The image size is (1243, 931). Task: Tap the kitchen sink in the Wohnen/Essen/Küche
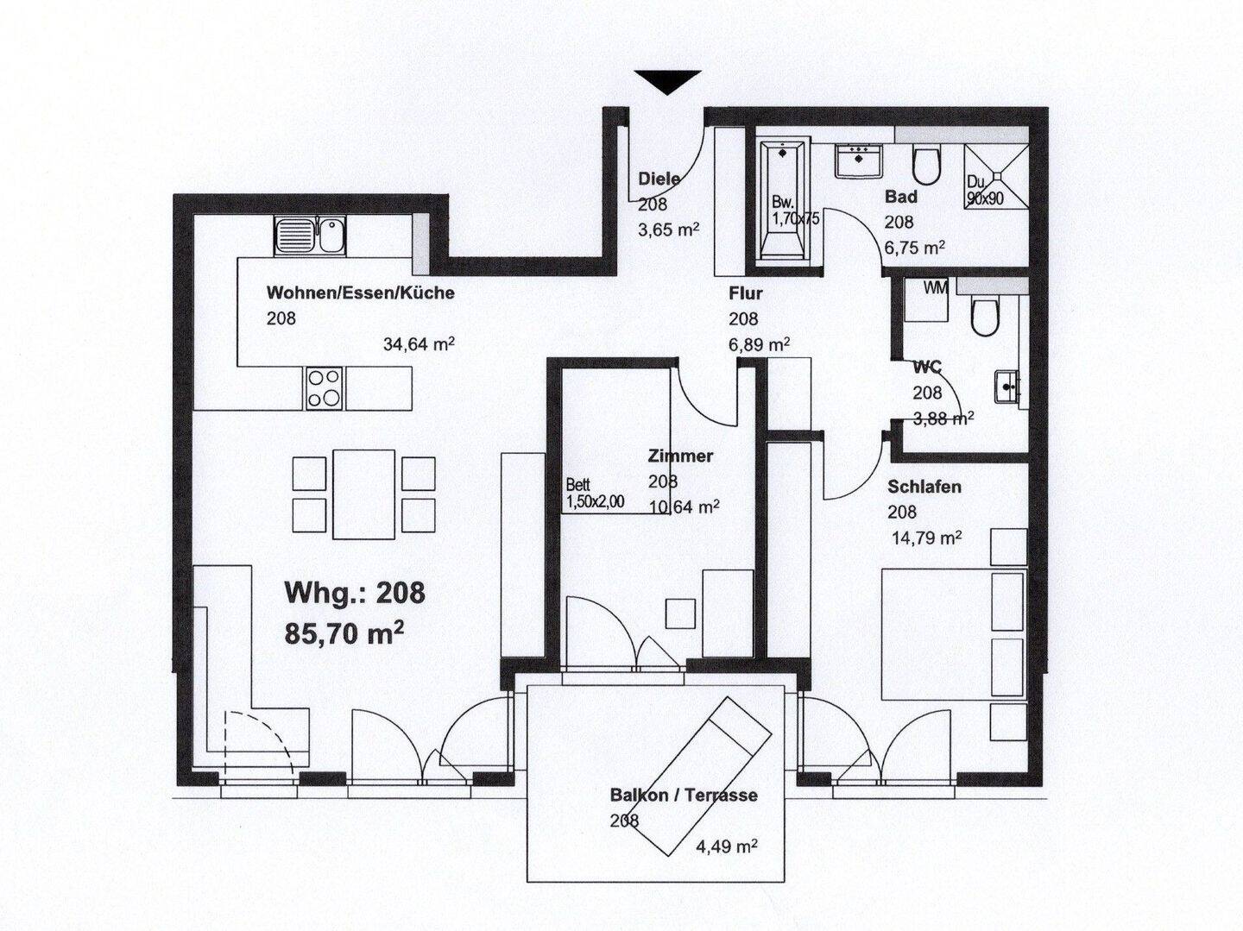click(x=311, y=236)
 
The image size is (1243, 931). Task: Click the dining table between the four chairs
click(x=363, y=494)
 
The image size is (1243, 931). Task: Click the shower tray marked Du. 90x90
click(x=996, y=176)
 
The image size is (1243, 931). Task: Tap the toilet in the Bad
click(x=926, y=165)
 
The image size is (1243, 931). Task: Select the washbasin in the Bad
click(x=859, y=161)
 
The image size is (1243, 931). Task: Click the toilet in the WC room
click(x=986, y=317)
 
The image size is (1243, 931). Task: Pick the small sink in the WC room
click(x=1006, y=387)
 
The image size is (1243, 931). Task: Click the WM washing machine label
click(x=936, y=289)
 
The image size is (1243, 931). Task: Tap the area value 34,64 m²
click(x=419, y=344)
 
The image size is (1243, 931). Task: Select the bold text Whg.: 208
click(x=355, y=593)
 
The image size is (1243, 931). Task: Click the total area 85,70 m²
click(x=344, y=632)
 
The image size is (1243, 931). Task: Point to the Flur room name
click(x=745, y=293)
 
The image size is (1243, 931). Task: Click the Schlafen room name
click(x=924, y=487)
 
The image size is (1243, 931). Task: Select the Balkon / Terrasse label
click(x=684, y=796)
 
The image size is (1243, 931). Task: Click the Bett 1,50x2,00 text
click(x=595, y=494)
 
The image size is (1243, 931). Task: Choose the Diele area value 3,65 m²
click(x=668, y=230)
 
